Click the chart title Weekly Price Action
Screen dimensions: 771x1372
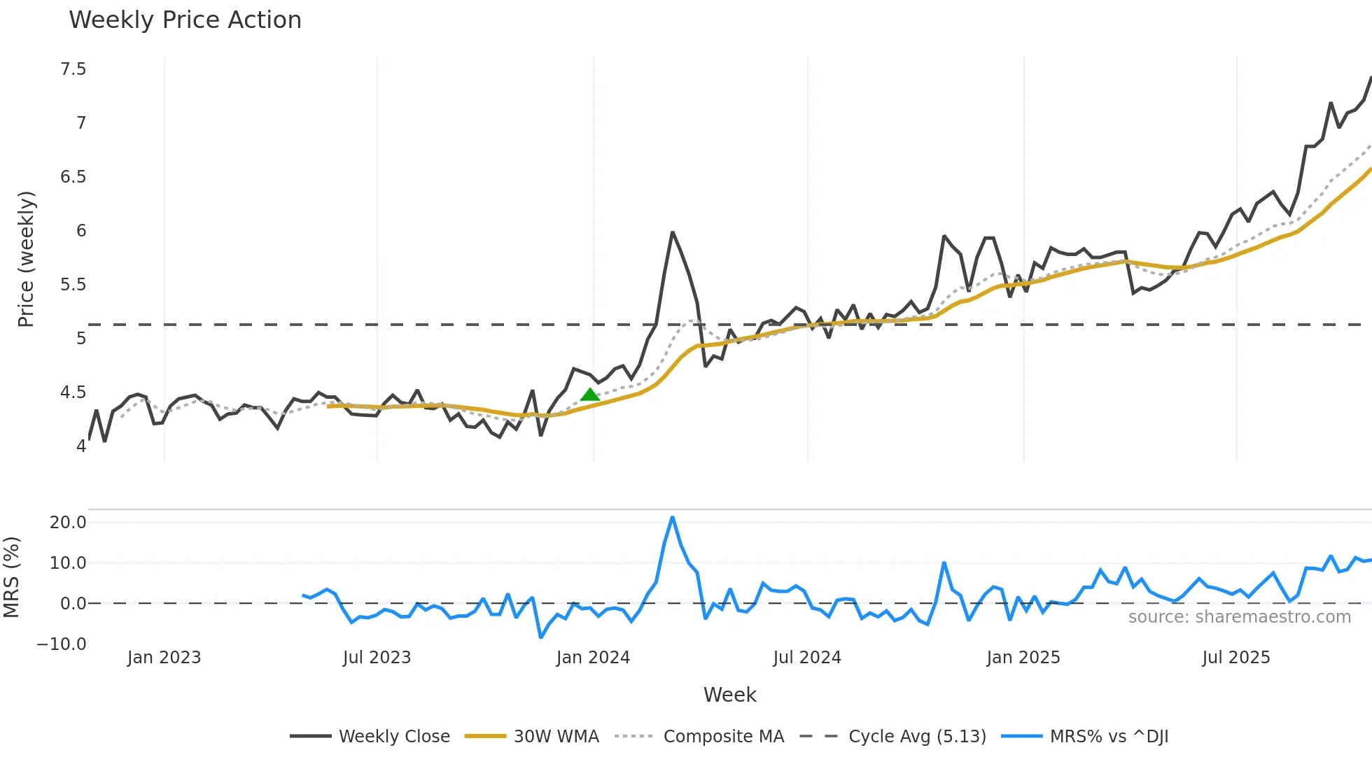(185, 20)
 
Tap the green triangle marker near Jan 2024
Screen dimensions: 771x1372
(590, 395)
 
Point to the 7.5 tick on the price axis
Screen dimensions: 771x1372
(73, 69)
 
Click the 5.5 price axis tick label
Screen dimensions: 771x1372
(73, 285)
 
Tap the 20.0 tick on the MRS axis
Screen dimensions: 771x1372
(68, 523)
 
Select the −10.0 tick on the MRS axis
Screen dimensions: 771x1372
(62, 644)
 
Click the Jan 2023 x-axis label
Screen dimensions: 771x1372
(164, 658)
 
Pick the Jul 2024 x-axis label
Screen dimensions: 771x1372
(807, 658)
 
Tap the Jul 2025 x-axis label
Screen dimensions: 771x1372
(1236, 658)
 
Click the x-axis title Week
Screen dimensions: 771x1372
(729, 695)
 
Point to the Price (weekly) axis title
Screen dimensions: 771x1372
(26, 259)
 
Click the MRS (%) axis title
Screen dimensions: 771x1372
(11, 577)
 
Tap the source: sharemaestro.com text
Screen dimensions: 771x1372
(1239, 617)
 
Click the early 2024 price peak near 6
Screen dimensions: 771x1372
(672, 232)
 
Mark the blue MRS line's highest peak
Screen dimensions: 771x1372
(672, 517)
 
